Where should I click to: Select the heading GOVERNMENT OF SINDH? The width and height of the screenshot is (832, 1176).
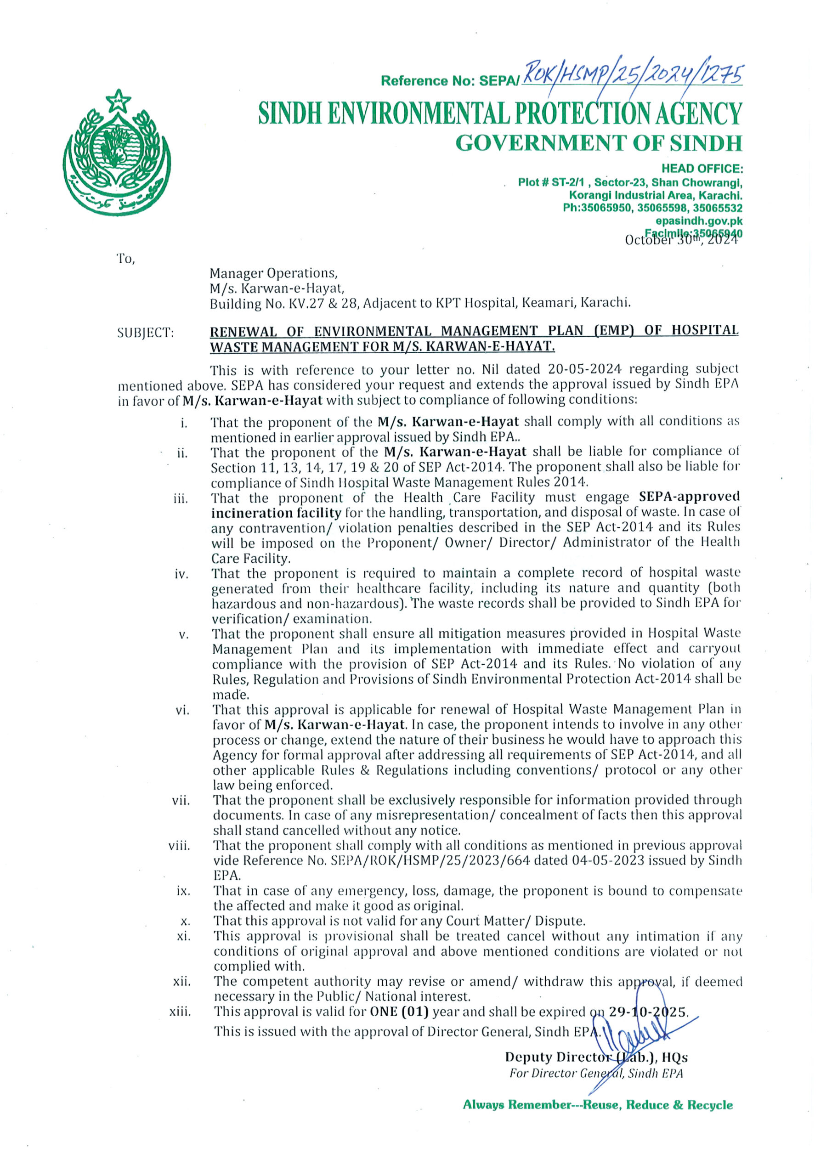coord(598,143)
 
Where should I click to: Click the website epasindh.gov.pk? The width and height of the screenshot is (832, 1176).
coord(699,221)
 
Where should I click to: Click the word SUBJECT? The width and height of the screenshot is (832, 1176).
coord(146,333)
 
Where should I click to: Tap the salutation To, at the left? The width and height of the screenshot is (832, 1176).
coord(126,259)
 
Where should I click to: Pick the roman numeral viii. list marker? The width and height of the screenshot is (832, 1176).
coord(179,846)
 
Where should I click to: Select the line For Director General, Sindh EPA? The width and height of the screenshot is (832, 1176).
coord(596,1073)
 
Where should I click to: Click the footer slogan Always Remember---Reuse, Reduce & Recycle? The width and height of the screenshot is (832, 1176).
coord(597,1105)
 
